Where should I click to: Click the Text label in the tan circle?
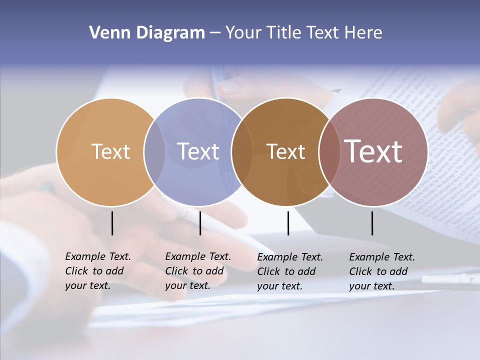tap(110, 151)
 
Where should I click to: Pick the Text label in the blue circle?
tap(198, 151)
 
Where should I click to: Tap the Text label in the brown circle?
tap(285, 151)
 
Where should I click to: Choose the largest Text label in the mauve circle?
tap(373, 151)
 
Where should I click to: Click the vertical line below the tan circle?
tap(112, 223)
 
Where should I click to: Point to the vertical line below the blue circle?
tap(200, 223)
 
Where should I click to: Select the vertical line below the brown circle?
tap(288, 223)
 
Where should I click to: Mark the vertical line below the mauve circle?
tap(372, 223)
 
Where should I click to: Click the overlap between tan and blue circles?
tap(154, 151)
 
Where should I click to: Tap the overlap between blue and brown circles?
tap(242, 151)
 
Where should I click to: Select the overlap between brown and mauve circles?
tap(328, 151)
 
